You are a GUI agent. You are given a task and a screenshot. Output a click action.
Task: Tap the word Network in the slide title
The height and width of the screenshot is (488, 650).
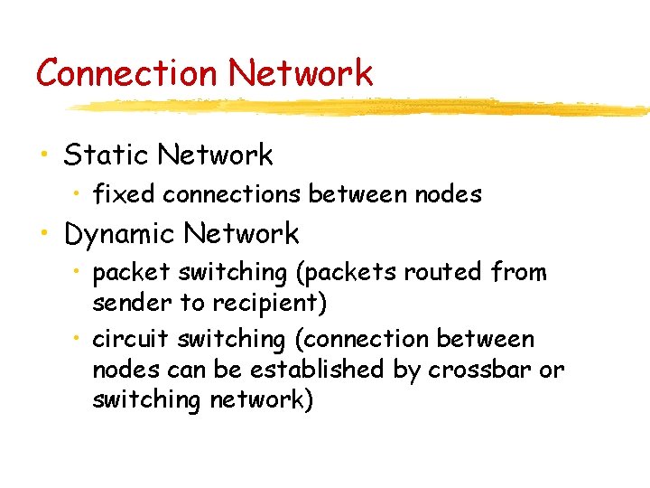coord(300,72)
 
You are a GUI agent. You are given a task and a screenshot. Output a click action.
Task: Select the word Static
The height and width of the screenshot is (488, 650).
coord(106,155)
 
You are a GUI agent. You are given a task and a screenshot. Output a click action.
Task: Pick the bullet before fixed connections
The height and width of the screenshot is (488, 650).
coord(79,194)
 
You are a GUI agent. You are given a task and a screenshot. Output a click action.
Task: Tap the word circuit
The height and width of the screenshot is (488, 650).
coord(131,339)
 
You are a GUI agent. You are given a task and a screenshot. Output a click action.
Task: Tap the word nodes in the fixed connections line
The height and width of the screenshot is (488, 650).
coord(450,193)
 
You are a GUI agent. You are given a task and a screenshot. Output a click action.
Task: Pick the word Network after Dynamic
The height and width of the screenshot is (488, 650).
coord(241,234)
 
